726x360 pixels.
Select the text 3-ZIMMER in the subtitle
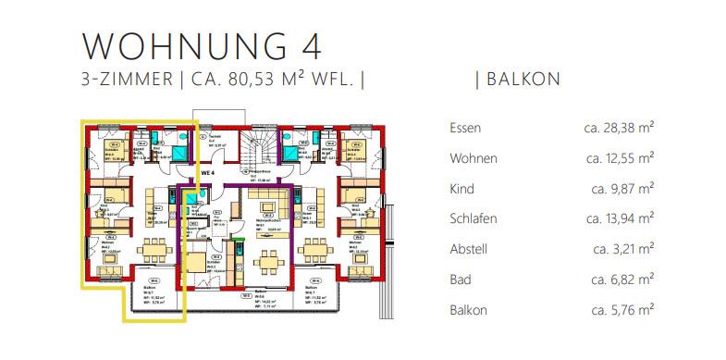pyautogui.click(x=126, y=80)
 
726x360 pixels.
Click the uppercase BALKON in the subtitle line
pyautogui.click(x=523, y=80)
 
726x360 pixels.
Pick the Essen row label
pyautogui.click(x=464, y=128)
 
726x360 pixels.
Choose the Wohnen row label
pyautogui.click(x=473, y=158)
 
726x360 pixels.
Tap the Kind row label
pyautogui.click(x=461, y=189)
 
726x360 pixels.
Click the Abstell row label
pyautogui.click(x=467, y=249)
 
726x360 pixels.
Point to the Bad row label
pyautogui.click(x=460, y=279)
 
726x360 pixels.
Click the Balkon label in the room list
pyautogui.click(x=467, y=310)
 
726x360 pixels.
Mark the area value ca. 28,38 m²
pyautogui.click(x=620, y=128)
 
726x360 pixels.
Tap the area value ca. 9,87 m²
pyautogui.click(x=623, y=189)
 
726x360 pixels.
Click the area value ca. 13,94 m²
pyautogui.click(x=620, y=219)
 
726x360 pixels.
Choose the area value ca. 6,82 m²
pyautogui.click(x=623, y=279)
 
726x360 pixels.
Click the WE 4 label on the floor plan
pyautogui.click(x=207, y=171)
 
